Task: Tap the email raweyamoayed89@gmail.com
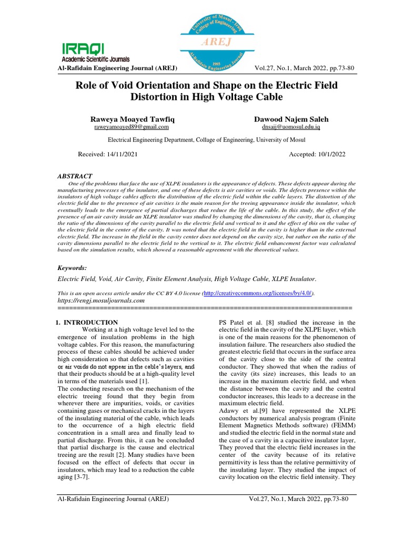click(131, 127)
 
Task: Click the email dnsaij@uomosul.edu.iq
click(290, 127)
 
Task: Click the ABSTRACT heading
click(75, 176)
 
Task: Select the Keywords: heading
click(73, 268)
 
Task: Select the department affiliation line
click(206, 141)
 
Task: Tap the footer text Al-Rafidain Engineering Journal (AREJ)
click(113, 499)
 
